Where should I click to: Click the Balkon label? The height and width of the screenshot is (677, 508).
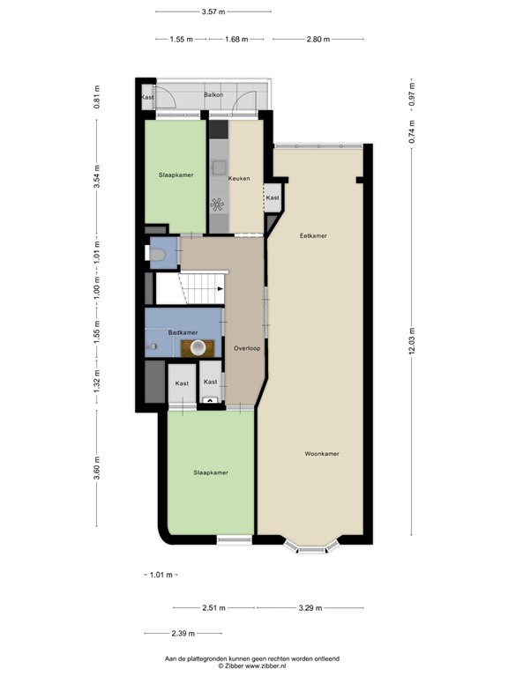point(213,94)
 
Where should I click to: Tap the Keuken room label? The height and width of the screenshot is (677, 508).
point(239,178)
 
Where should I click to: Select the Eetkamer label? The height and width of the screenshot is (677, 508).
point(314,235)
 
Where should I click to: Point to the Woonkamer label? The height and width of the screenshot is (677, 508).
point(322,454)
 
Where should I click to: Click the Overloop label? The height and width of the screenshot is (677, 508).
point(247,348)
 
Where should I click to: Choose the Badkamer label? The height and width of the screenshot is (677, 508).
point(183,332)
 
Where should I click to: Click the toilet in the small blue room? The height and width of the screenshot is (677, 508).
point(156,255)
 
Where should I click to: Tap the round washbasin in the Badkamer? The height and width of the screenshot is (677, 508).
point(198,346)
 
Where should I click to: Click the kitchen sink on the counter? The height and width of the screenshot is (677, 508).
point(219,167)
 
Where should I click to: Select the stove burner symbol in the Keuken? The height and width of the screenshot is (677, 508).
point(217,205)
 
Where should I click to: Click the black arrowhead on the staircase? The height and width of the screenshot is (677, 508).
point(220,288)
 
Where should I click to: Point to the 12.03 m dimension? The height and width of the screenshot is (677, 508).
point(412,341)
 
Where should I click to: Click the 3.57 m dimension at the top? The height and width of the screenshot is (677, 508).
point(213,11)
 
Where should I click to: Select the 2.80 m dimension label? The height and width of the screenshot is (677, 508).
point(317,40)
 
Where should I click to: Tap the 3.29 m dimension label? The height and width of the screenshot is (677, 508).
point(310,608)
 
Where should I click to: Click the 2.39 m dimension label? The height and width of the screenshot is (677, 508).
point(183,634)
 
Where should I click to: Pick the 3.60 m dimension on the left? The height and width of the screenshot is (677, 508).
point(97,467)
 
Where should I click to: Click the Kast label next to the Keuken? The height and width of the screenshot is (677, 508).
point(273,197)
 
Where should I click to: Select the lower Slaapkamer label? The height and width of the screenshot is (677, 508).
point(211,472)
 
